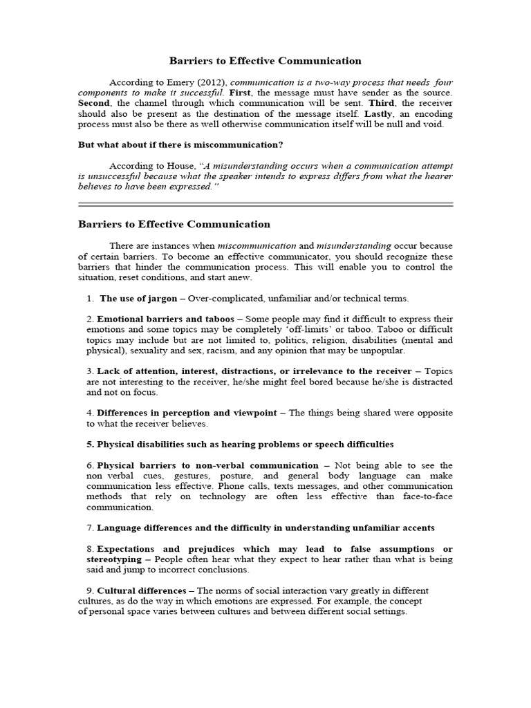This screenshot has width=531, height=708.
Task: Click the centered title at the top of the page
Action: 265,62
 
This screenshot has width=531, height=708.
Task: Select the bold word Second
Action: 94,103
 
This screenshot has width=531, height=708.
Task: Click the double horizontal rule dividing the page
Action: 265,205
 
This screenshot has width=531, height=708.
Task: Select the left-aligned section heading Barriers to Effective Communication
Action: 174,225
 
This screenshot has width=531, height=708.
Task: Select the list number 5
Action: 90,444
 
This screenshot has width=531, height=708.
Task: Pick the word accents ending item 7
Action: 415,528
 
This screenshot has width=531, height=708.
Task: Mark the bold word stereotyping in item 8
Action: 115,559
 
